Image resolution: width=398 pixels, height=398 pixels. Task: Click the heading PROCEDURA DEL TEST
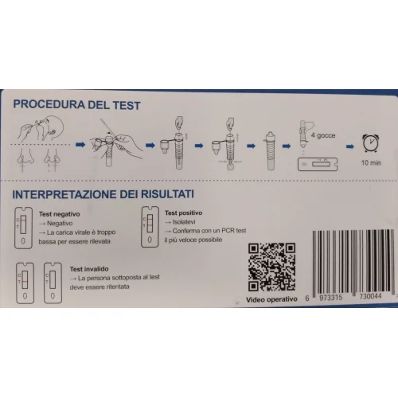(x=76, y=104)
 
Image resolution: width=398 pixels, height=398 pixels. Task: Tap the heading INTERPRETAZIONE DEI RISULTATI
(x=103, y=194)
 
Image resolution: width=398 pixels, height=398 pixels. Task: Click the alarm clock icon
(x=371, y=143)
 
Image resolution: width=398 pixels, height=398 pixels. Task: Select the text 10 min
(x=371, y=162)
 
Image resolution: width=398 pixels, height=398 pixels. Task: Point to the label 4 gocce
(x=323, y=135)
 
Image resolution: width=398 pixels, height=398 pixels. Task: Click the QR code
(x=271, y=267)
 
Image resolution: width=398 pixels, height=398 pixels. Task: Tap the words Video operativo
(x=271, y=299)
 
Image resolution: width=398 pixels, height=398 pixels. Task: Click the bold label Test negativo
(x=59, y=214)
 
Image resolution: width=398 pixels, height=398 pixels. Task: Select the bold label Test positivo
(x=183, y=213)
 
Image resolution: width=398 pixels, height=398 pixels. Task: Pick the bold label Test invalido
(x=89, y=269)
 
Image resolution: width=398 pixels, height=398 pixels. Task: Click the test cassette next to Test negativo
(x=23, y=228)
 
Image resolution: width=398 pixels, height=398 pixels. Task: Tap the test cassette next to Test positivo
(x=150, y=227)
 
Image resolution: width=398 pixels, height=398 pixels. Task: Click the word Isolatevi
(x=184, y=222)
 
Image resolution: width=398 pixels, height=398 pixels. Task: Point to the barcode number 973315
(x=330, y=298)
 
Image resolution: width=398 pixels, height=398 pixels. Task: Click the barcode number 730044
(x=370, y=296)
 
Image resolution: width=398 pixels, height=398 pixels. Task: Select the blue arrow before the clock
(x=350, y=146)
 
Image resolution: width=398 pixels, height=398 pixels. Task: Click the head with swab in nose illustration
(x=41, y=129)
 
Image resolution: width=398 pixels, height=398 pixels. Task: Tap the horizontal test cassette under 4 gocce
(x=318, y=164)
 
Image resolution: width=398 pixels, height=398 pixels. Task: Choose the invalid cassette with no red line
(x=53, y=283)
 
